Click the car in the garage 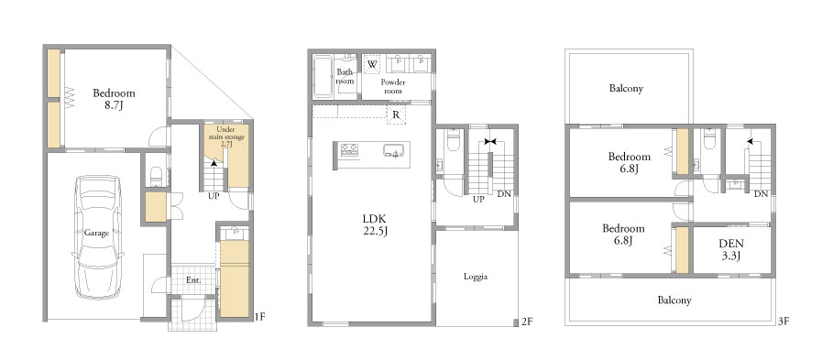pos(98,237)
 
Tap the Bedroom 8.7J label pos(114,99)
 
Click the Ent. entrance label pos(193,280)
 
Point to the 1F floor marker pos(260,316)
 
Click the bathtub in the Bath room pos(323,77)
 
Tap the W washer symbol pos(372,64)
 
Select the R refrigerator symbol pos(396,115)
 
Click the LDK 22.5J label pos(377,224)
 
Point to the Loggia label pos(476,277)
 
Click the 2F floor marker pos(527,322)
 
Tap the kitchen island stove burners pos(349,150)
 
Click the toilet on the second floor pos(454,139)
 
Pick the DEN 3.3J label pos(731,249)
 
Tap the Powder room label pos(392,86)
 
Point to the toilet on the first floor pos(156,177)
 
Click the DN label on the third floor pos(762,194)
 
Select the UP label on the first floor pos(214,197)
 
